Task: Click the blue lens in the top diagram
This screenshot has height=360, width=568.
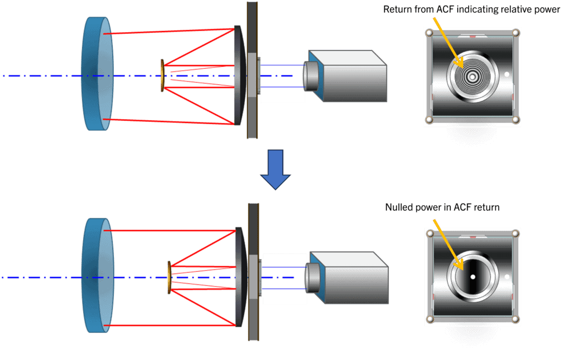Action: point(97,74)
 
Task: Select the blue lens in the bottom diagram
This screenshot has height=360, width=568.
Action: point(97,276)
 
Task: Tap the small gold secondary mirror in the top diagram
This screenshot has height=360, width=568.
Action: point(163,75)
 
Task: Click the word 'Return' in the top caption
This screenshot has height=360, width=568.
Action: point(397,10)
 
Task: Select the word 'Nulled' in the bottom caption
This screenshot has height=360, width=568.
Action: point(399,207)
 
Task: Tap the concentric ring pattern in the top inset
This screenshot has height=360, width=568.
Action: point(472,75)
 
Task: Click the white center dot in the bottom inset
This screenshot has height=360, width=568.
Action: point(473,276)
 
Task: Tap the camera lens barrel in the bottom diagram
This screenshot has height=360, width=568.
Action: point(313,277)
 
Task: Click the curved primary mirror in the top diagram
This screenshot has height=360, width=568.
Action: point(239,75)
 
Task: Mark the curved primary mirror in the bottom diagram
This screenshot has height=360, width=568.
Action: point(240,276)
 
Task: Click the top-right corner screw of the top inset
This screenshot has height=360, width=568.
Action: point(515,33)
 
